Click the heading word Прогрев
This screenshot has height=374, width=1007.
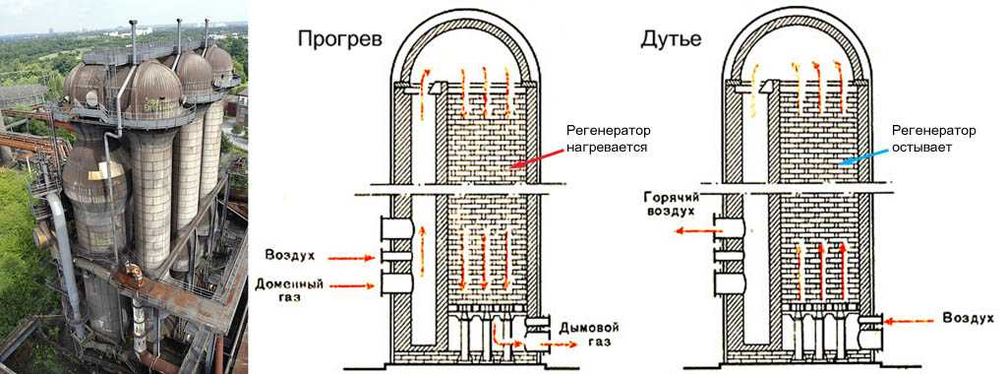point(339,39)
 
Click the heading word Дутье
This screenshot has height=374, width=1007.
point(671,39)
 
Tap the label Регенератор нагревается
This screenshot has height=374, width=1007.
point(608,139)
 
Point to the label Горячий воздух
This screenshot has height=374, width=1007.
point(670,204)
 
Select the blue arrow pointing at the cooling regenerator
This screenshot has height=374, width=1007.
point(865,156)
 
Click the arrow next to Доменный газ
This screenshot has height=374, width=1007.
point(351,286)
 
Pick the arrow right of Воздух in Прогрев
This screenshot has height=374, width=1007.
point(351,258)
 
